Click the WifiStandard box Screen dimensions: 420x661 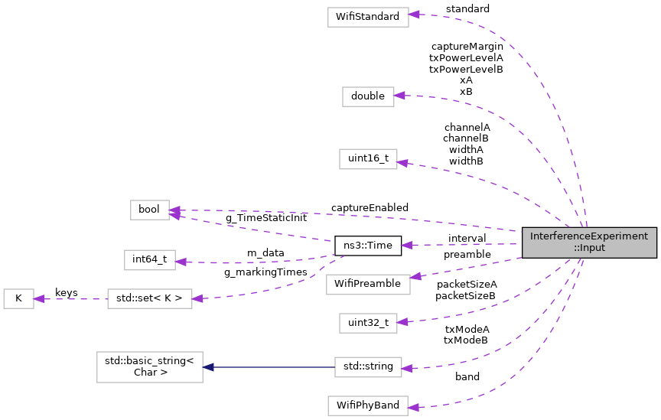(x=366, y=17)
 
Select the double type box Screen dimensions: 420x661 (x=367, y=96)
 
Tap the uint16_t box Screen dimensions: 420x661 (x=367, y=159)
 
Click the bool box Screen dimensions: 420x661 (x=149, y=210)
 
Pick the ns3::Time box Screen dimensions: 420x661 (x=368, y=246)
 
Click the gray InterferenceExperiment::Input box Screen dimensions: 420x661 (x=589, y=242)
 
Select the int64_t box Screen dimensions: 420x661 (x=149, y=259)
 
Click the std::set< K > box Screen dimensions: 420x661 (x=149, y=298)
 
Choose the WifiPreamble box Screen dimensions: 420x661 (x=367, y=284)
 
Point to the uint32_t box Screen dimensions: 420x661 (x=367, y=323)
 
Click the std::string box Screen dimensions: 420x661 (x=368, y=366)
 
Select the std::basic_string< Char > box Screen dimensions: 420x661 (x=149, y=366)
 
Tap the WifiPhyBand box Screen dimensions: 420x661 (x=367, y=405)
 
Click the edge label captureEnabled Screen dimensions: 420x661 (x=370, y=207)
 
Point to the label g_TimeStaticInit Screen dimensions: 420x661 (x=265, y=218)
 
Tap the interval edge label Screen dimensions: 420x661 (x=467, y=239)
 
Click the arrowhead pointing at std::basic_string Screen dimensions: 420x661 (x=208, y=367)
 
